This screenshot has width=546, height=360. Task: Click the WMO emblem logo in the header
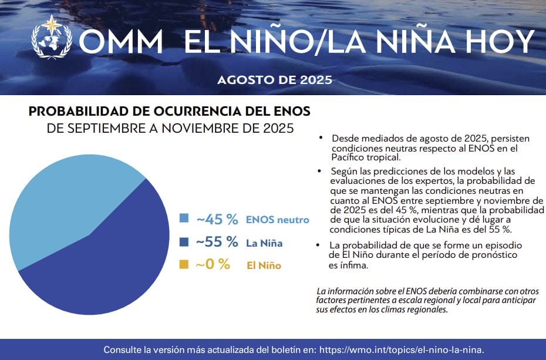[52, 37]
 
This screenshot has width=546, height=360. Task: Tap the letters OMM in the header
[121, 42]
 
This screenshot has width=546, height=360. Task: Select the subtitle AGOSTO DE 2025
[275, 80]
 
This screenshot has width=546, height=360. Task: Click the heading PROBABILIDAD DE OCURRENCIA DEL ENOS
[169, 112]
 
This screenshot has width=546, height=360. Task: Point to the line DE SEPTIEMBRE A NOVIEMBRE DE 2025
[170, 128]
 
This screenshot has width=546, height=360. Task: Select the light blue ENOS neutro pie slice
[63, 202]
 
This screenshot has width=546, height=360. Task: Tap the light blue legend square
[184, 218]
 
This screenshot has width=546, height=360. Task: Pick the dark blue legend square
[184, 241]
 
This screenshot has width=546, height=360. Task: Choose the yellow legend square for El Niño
[184, 264]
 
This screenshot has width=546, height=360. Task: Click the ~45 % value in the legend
[217, 219]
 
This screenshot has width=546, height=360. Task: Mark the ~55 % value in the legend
[217, 242]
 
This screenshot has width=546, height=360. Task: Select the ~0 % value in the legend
[213, 264]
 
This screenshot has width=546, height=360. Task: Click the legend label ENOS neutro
[278, 220]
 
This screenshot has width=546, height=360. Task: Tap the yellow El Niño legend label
[264, 265]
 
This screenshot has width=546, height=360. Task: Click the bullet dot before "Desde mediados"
[321, 138]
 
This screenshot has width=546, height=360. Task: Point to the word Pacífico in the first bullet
[349, 157]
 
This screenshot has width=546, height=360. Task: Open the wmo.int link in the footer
[402, 349]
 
